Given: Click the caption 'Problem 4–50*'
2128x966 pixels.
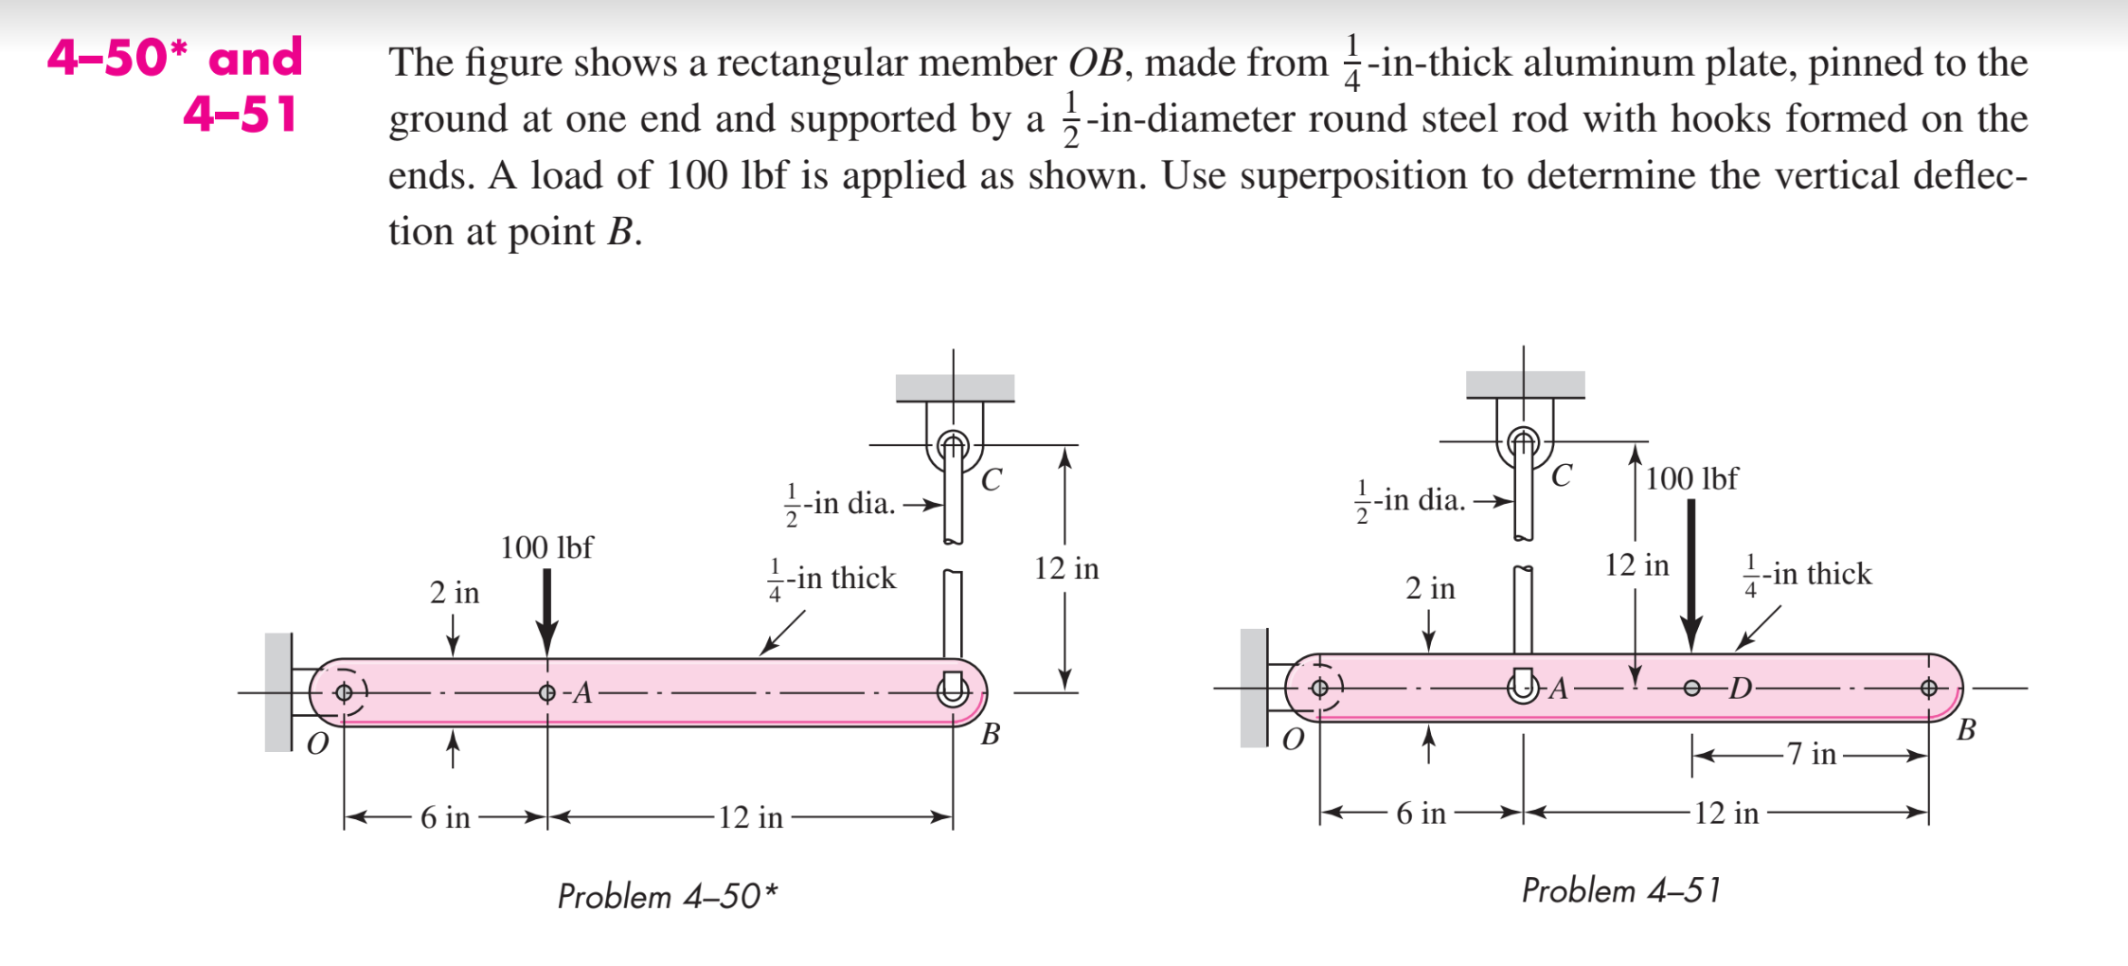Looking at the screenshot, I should click(667, 896).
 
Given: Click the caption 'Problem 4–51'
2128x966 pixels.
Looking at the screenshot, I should click(1620, 890).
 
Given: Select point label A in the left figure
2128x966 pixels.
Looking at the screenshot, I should click(582, 693).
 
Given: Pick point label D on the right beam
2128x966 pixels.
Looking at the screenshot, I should click(1740, 689).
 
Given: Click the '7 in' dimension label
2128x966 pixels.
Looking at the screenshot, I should click(1811, 755).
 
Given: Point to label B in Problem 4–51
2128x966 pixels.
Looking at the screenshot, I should click(1966, 730).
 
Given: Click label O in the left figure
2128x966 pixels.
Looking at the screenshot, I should click(318, 743).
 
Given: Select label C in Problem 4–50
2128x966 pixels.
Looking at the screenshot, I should click(991, 480).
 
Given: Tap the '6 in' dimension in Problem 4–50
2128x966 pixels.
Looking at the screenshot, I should click(445, 817).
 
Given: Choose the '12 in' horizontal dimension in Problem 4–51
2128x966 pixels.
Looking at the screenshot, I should click(1726, 813).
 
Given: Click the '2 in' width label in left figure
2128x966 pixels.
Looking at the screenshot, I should click(455, 593).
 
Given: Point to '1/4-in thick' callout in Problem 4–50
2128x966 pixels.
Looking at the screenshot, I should click(832, 578).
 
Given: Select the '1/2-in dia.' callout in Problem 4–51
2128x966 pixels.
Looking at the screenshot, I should click(1411, 500).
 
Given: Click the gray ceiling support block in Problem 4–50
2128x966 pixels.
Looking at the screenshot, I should click(955, 387).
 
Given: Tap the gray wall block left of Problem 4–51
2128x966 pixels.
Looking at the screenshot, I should click(1253, 688).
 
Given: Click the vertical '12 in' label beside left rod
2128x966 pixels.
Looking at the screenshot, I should click(1066, 568).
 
